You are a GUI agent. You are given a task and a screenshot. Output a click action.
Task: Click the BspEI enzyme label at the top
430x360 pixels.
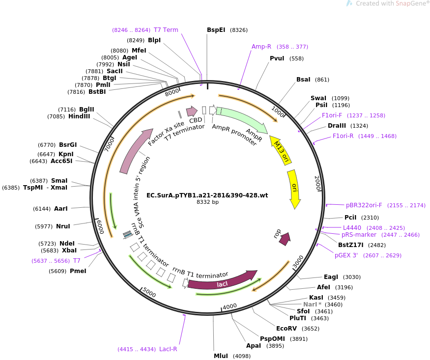(216, 30)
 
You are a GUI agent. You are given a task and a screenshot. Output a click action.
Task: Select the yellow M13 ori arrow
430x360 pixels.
(281, 150)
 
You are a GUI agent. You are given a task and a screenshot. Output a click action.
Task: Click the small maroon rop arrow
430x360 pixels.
(285, 239)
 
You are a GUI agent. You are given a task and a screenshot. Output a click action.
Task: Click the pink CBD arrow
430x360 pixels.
(192, 111)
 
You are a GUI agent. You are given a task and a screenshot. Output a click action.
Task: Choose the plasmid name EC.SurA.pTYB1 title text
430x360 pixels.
(207, 195)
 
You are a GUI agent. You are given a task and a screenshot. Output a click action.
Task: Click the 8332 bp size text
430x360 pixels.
(207, 202)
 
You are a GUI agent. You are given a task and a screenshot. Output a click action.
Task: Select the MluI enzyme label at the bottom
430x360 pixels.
(221, 356)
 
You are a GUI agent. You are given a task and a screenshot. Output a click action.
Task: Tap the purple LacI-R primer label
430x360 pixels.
(168, 349)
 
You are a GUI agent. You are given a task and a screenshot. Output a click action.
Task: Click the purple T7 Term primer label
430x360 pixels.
(166, 30)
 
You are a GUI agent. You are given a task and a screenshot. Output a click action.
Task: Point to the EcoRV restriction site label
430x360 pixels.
(287, 329)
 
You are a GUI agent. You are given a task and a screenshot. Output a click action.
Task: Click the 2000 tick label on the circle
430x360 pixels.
(317, 183)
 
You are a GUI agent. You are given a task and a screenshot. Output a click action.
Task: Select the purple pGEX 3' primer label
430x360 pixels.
(346, 255)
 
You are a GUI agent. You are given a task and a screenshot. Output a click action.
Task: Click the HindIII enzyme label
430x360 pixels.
(79, 116)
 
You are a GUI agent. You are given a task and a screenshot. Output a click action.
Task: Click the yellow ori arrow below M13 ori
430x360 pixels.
(294, 189)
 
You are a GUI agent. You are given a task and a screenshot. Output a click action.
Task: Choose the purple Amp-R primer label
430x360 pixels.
(261, 47)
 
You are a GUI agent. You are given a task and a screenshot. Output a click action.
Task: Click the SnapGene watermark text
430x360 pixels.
(392, 3)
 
